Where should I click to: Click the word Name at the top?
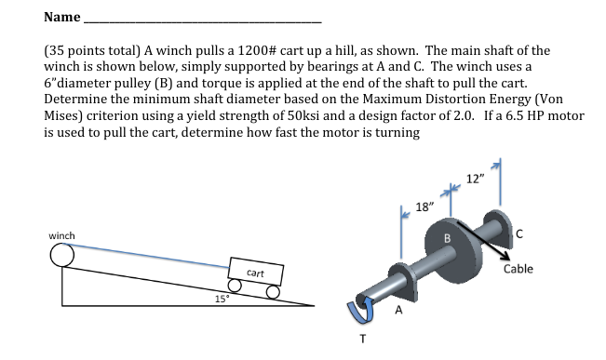point(62,17)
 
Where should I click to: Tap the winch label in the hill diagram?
point(61,235)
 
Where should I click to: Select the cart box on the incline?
point(256,272)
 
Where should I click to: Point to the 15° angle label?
point(222,299)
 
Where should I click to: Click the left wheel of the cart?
point(235,287)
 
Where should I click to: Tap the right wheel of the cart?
point(273,292)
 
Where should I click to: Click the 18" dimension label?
point(424,207)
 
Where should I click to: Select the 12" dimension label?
point(475,179)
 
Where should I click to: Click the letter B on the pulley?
point(447,238)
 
